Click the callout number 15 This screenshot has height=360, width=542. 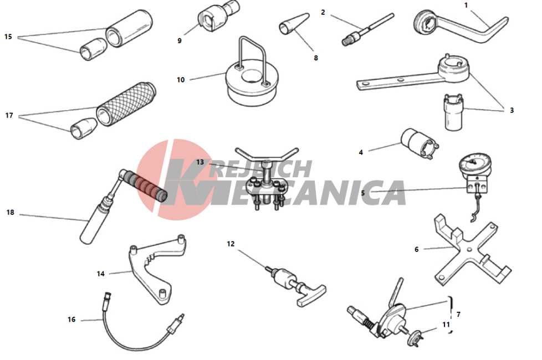coord(8,37)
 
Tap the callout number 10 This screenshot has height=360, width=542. coord(181,80)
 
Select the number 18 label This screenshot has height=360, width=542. coord(11,213)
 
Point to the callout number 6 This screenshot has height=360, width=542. coord(417,249)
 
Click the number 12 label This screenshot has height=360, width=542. coord(231,244)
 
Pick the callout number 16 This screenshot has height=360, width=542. coord(71,320)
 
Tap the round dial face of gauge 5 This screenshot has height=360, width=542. coord(475,164)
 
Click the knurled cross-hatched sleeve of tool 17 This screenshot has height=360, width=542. coord(126,104)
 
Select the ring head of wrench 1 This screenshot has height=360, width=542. coord(426,23)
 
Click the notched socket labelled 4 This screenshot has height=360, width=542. coord(420,143)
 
